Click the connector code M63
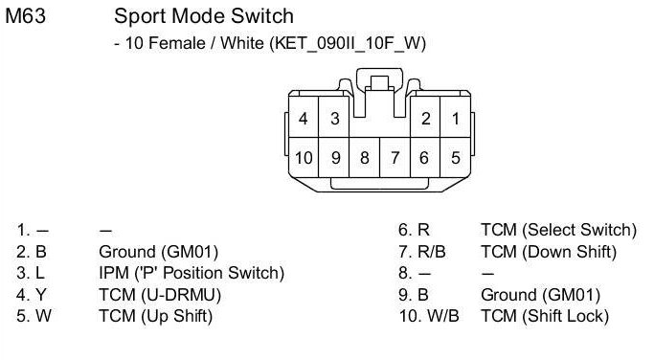tap(26, 16)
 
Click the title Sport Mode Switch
tap(204, 16)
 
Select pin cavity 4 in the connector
tap(304, 118)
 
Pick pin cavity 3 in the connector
tap(334, 118)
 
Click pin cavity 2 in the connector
tap(425, 118)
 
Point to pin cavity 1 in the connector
tap(456, 118)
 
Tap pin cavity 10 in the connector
tap(304, 157)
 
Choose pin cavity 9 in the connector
tap(334, 157)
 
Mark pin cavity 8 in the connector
tap(365, 157)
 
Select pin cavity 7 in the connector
tap(395, 157)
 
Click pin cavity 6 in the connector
tap(425, 157)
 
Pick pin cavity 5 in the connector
tap(456, 157)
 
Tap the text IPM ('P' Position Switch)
tap(192, 273)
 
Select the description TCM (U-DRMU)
tap(160, 295)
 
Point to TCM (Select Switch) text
tap(558, 230)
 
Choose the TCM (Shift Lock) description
tap(545, 316)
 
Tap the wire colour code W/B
tap(443, 316)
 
